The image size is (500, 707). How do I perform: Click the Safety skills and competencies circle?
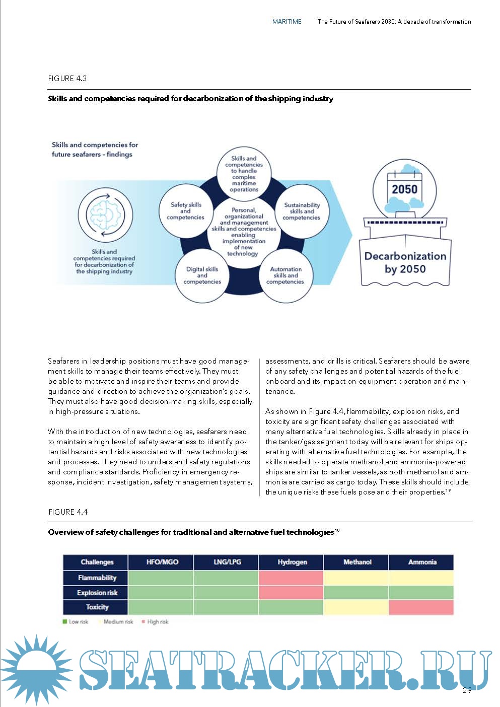click(186, 211)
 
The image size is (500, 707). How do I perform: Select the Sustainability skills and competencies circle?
click(302, 211)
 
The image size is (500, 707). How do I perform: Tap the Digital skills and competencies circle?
click(202, 275)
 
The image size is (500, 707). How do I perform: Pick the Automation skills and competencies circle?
click(285, 275)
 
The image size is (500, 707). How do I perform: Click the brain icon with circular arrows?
click(105, 214)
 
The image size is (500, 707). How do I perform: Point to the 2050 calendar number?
click(405, 189)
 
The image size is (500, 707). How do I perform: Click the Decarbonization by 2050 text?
click(405, 262)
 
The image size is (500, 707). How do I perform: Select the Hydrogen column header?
click(292, 562)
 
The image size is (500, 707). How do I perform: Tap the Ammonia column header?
click(421, 562)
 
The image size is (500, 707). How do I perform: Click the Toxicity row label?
click(96, 607)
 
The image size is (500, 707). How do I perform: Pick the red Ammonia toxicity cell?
click(421, 607)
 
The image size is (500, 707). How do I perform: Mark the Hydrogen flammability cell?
click(292, 578)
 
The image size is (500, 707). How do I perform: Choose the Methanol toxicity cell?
click(356, 607)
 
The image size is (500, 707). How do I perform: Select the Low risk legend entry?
click(76, 622)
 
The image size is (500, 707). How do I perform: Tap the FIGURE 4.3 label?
click(67, 79)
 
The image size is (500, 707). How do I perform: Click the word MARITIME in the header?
click(287, 22)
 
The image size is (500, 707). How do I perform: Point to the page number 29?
click(467, 690)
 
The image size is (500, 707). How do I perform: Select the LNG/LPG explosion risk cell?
click(227, 592)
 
